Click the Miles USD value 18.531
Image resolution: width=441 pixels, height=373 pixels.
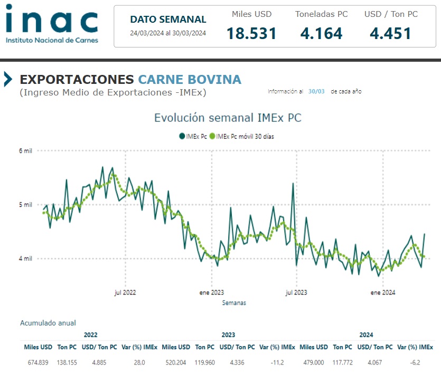coord(251,34)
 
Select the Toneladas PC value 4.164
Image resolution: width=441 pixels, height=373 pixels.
coord(321,34)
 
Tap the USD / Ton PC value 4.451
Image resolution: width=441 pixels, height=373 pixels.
coord(390,34)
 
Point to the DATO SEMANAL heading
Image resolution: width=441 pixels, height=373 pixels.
coord(168,20)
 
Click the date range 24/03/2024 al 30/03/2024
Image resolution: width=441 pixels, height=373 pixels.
coord(168,33)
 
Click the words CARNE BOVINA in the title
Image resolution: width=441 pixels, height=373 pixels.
coord(190,80)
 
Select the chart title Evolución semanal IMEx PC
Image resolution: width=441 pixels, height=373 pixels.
coord(228,118)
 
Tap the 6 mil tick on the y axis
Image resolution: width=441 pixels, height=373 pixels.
coord(26,151)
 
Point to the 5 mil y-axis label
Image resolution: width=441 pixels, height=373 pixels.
coord(26,205)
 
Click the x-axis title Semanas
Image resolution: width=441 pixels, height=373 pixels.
coord(234,303)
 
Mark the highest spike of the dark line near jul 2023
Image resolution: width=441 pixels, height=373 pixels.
coord(293,184)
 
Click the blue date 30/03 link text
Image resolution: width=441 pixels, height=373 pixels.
coord(316,91)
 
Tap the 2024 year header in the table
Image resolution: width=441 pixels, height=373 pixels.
coord(366,335)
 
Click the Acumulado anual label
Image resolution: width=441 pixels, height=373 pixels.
coord(48,323)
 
